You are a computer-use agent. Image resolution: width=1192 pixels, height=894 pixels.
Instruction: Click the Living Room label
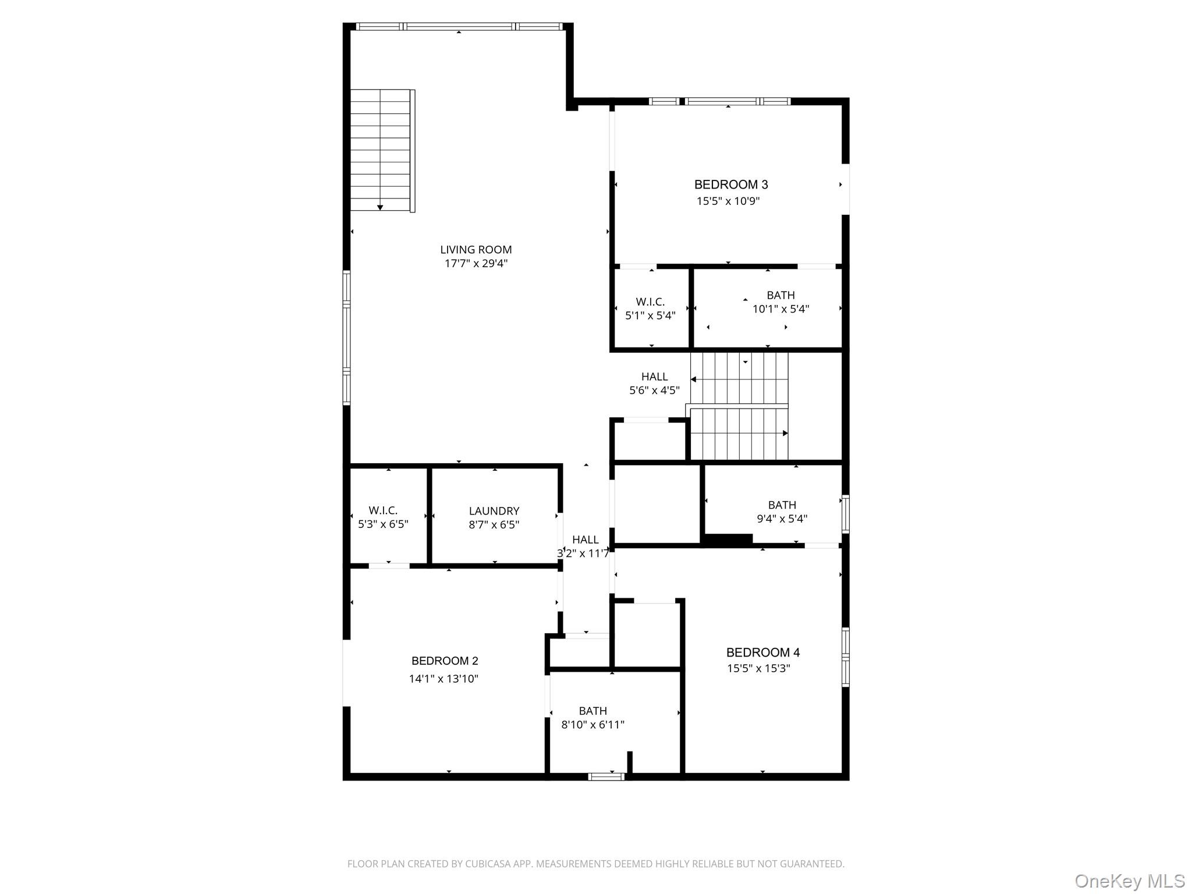click(x=476, y=250)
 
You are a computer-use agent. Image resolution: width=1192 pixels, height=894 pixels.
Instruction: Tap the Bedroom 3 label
click(x=731, y=185)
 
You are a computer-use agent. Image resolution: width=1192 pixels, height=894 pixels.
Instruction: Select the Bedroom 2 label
click(x=445, y=661)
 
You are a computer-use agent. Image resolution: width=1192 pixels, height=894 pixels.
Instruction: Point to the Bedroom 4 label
click(x=763, y=652)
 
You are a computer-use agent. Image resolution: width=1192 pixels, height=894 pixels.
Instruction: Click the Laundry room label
click(x=494, y=511)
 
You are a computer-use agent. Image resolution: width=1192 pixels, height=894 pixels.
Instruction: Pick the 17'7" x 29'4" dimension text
click(x=476, y=264)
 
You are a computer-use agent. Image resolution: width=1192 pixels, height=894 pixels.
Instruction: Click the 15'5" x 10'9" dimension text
click(x=728, y=201)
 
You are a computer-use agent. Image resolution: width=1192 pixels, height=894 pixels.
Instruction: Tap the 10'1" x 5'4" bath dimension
click(x=781, y=309)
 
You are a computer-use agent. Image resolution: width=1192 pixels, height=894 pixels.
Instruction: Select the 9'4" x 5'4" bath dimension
click(x=782, y=519)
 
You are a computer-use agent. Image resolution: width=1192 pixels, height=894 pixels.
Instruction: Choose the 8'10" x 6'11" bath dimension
click(x=593, y=725)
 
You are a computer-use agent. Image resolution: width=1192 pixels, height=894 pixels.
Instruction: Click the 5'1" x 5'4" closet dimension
click(x=650, y=315)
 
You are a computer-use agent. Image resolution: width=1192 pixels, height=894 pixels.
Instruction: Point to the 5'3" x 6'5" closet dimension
click(x=383, y=524)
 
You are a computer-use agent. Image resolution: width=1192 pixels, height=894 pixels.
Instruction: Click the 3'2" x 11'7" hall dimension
click(x=583, y=554)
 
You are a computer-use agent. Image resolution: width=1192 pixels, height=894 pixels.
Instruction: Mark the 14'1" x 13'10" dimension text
click(x=444, y=679)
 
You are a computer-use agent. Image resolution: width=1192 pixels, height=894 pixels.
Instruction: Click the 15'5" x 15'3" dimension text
click(x=758, y=668)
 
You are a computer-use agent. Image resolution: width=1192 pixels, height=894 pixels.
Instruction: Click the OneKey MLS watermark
click(x=1130, y=881)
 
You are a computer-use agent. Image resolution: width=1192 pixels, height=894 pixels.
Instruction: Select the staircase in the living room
click(x=382, y=151)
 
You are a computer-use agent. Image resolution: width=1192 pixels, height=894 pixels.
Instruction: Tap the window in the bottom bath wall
click(x=606, y=776)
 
